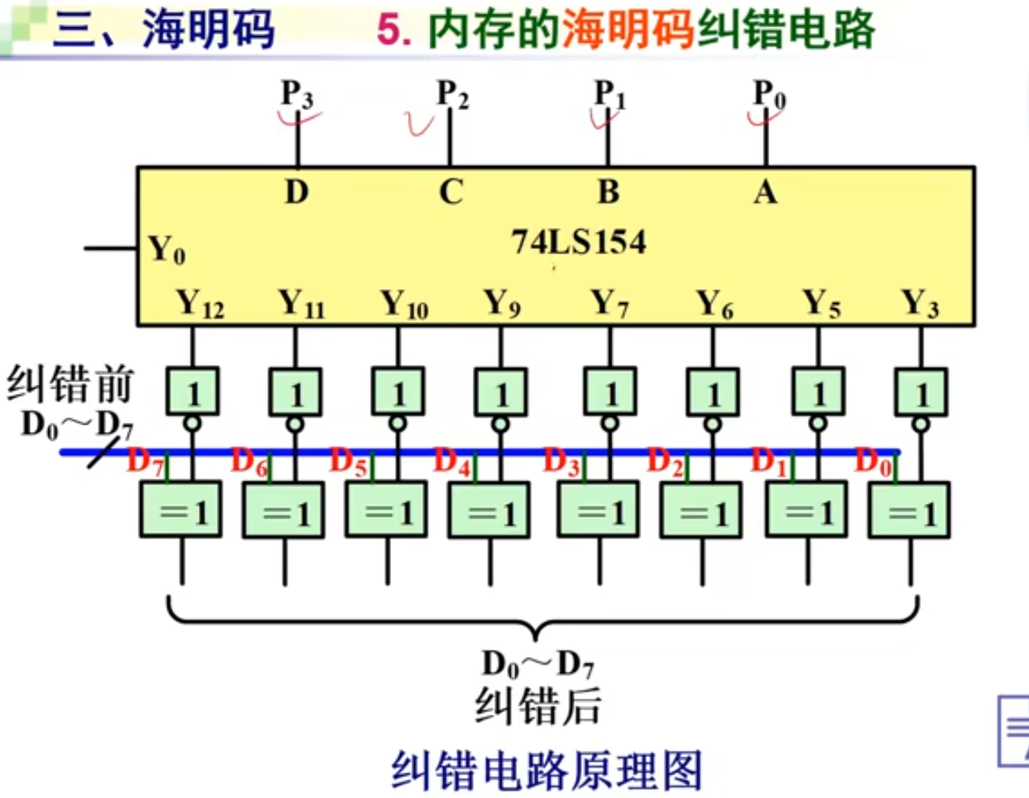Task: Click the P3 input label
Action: pos(297,95)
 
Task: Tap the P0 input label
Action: pos(769,95)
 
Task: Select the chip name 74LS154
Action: pos(579,242)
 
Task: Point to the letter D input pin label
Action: pos(297,192)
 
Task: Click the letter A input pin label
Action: pos(765,192)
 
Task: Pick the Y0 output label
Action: pos(167,249)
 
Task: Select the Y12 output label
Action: pos(200,304)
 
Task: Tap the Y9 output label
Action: pos(502,304)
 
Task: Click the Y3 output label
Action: pos(920,304)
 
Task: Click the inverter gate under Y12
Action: pos(192,392)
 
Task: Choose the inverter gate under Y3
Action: pos(921,392)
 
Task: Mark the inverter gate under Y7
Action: pos(610,392)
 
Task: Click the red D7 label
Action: pos(145,461)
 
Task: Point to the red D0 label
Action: pos(873,461)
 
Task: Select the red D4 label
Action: pos(452,461)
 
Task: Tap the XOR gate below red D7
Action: pos(181,510)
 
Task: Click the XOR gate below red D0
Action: pos(910,510)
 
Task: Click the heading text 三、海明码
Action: pos(164,30)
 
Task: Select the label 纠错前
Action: pos(71,384)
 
